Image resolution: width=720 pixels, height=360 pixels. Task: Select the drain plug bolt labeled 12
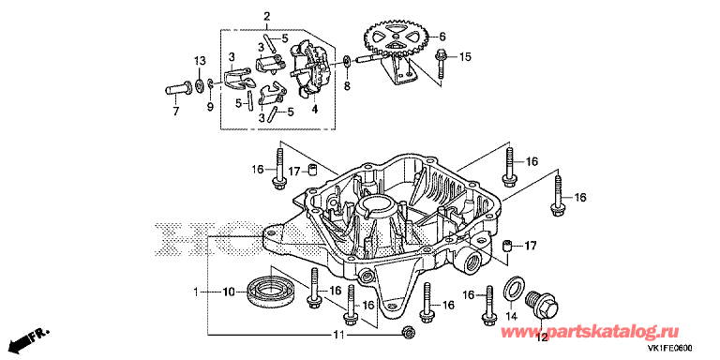542,304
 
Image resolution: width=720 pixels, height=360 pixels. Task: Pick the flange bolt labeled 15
442,66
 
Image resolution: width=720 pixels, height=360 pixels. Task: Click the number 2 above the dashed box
266,18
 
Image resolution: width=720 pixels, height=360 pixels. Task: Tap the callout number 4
315,110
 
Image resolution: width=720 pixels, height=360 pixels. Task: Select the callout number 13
200,61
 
